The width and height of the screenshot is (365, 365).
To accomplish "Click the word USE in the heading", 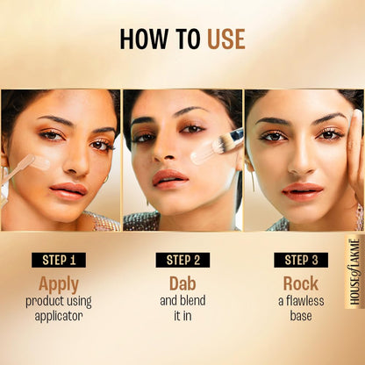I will pyautogui.click(x=225, y=39).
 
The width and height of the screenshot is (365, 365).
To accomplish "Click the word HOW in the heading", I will pyautogui.click(x=141, y=39).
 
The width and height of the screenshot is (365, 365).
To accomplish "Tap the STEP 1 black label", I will pyautogui.click(x=60, y=259).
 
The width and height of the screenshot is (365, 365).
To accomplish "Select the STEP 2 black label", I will pyautogui.click(x=182, y=259).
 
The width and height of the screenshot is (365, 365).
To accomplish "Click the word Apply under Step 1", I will pyautogui.click(x=59, y=283).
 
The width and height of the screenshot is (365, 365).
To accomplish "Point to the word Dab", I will pyautogui.click(x=182, y=283).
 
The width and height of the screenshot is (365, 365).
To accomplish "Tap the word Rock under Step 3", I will pyautogui.click(x=300, y=283).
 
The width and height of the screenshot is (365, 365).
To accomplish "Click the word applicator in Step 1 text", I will pyautogui.click(x=59, y=316).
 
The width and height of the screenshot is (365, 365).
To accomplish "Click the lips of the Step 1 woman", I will pyautogui.click(x=68, y=190).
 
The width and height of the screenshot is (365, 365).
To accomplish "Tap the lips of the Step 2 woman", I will pyautogui.click(x=172, y=178).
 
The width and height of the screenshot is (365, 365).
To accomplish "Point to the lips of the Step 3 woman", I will pyautogui.click(x=303, y=190).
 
